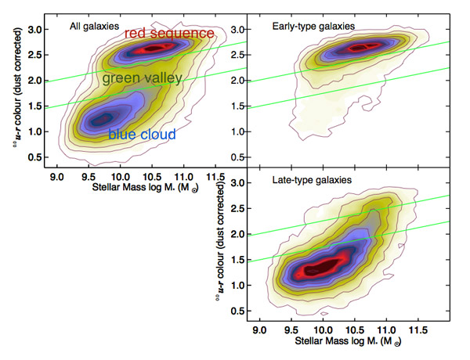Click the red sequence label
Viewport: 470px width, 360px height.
pos(169,34)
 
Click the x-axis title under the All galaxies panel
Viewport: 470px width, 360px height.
pos(130,190)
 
